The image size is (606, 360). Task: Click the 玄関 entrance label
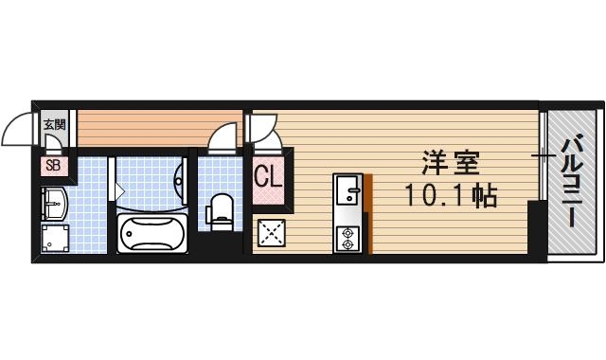[x=54, y=124]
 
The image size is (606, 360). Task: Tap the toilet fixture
[x=221, y=209]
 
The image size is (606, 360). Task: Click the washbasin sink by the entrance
[x=53, y=204]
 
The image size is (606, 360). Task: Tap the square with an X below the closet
[x=271, y=233]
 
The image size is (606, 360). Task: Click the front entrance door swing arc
[x=19, y=131]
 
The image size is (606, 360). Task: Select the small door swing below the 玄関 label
[x=55, y=144]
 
